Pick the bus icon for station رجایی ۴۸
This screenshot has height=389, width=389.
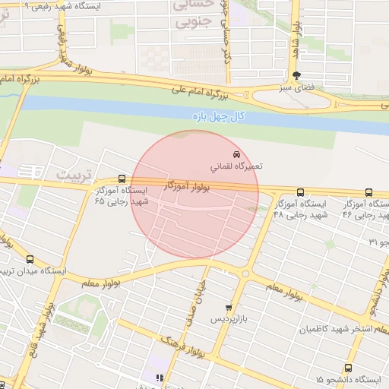coord(300,193)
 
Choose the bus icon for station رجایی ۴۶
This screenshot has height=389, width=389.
coord(368,193)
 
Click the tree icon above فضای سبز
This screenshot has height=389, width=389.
coord(296,75)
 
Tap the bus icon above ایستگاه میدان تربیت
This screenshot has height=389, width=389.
coord(30,259)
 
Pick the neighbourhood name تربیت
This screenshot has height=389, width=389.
coord(73,175)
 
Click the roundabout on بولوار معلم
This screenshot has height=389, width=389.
coord(245,274)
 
